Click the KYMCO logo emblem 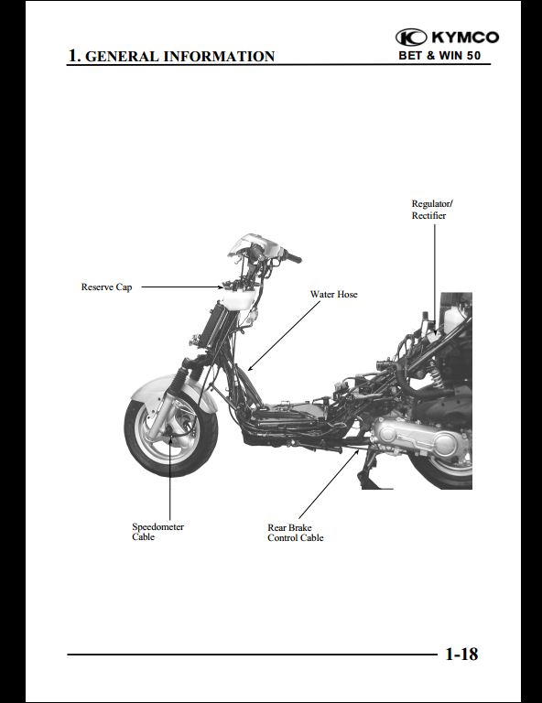click(x=411, y=38)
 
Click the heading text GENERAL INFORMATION click(x=179, y=57)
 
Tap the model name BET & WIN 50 click(x=439, y=56)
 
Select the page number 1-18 click(x=461, y=654)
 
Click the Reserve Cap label click(x=107, y=287)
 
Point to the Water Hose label click(x=334, y=294)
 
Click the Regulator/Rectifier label click(x=432, y=210)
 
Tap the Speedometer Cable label click(x=157, y=532)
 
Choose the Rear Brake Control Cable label click(x=296, y=533)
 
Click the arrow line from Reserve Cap click(x=181, y=287)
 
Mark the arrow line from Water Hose click(x=284, y=336)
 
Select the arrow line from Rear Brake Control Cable click(x=329, y=483)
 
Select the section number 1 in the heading click(x=73, y=56)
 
